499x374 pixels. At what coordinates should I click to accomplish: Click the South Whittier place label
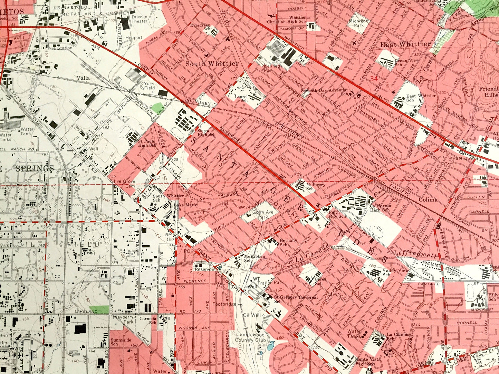[212, 64]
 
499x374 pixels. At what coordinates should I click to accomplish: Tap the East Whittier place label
[405, 44]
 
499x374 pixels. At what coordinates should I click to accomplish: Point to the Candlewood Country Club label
[250, 337]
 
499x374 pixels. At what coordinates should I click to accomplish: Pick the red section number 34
[374, 79]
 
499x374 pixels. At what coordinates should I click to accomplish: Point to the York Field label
[149, 86]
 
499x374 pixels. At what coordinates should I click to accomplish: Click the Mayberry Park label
[123, 319]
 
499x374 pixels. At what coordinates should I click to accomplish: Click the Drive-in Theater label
[139, 19]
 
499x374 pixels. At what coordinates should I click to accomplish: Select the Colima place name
[428, 199]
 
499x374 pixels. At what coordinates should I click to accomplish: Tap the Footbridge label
[224, 304]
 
